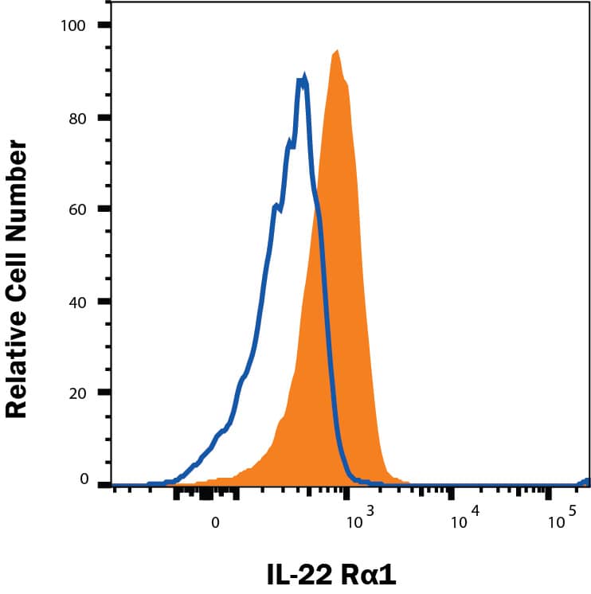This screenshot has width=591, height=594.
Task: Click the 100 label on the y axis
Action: coord(74,25)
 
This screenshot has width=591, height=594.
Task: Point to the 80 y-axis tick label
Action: coord(77,117)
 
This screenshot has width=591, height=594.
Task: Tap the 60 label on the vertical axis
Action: coord(77,209)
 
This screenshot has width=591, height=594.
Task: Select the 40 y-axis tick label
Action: coord(77,301)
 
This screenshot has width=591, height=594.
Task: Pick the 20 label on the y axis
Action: coord(77,393)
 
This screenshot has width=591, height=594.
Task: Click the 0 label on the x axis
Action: coord(215,524)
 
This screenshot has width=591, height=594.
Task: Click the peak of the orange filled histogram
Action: coord(338,51)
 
